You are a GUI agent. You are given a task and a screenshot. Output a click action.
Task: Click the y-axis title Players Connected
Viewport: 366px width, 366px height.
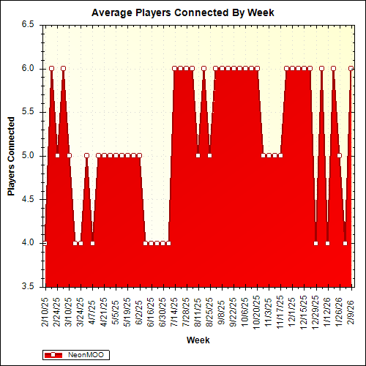12,155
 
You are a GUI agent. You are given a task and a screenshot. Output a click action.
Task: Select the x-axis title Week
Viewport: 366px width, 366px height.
198,340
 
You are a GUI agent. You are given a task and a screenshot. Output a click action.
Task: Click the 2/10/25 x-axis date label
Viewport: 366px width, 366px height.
45,310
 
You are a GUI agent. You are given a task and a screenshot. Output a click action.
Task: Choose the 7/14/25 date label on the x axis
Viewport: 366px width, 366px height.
174,310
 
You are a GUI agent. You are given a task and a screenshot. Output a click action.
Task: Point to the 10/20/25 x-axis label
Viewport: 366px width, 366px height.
256,310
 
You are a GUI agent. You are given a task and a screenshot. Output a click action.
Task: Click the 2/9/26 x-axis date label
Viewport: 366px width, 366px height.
351,312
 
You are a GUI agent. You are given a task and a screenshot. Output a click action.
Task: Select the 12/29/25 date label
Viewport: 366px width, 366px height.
315,310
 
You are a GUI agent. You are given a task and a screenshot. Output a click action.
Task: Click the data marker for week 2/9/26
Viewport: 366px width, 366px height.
351,68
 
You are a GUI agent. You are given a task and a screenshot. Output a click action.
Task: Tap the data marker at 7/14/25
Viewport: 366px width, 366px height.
174,68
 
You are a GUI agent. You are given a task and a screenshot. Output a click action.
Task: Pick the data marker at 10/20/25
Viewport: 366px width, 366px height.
257,68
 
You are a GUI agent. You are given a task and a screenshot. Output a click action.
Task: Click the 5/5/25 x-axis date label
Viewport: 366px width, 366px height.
116,312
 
